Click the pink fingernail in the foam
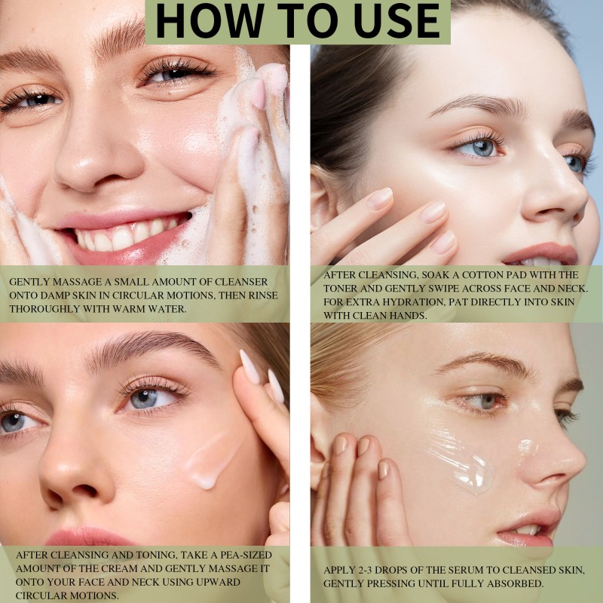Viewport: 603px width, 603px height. pos(258,94)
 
